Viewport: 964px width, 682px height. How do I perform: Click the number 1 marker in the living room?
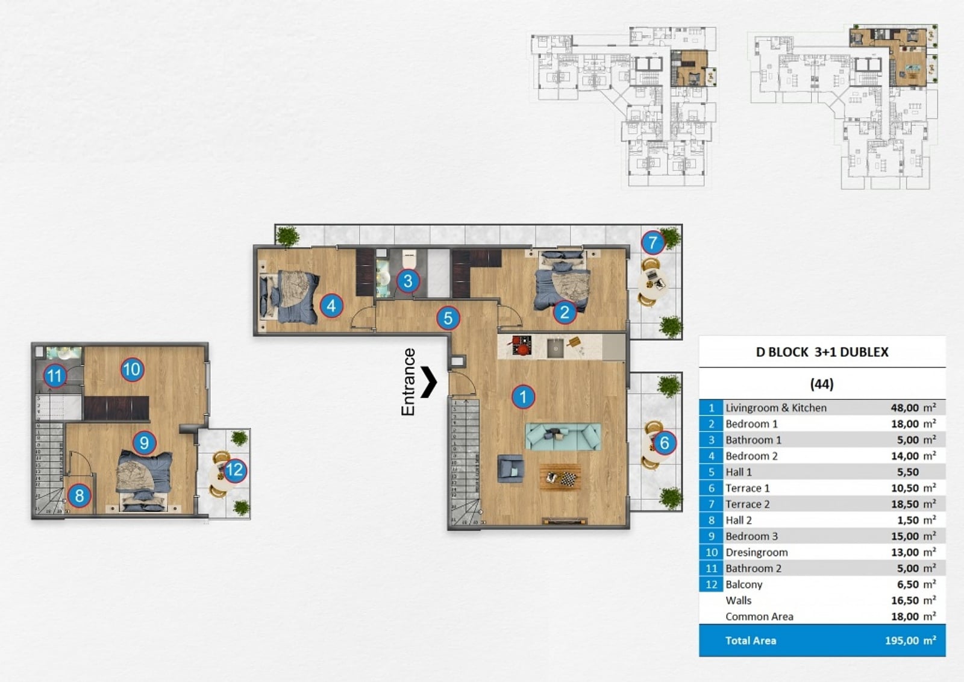[523, 396]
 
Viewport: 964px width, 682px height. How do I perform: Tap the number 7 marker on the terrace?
[653, 243]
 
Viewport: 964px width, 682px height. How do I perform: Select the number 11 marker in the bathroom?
[55, 375]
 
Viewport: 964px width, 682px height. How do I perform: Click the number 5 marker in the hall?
[448, 318]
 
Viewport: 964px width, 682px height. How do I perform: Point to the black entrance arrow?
[428, 381]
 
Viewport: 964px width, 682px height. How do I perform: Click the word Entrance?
[407, 381]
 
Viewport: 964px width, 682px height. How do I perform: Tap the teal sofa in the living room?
[563, 437]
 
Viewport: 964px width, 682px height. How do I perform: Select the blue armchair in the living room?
[510, 468]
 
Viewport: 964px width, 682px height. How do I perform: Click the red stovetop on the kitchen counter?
[522, 346]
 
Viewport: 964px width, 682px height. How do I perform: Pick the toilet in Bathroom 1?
[408, 259]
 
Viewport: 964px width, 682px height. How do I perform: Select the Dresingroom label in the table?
[756, 552]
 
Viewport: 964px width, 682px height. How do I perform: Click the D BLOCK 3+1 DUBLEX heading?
[822, 352]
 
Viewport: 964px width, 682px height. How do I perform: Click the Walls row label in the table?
[738, 600]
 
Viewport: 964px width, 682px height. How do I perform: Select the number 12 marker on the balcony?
[234, 470]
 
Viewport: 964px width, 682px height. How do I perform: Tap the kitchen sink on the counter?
[555, 348]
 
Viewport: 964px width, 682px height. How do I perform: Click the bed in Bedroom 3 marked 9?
[144, 480]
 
